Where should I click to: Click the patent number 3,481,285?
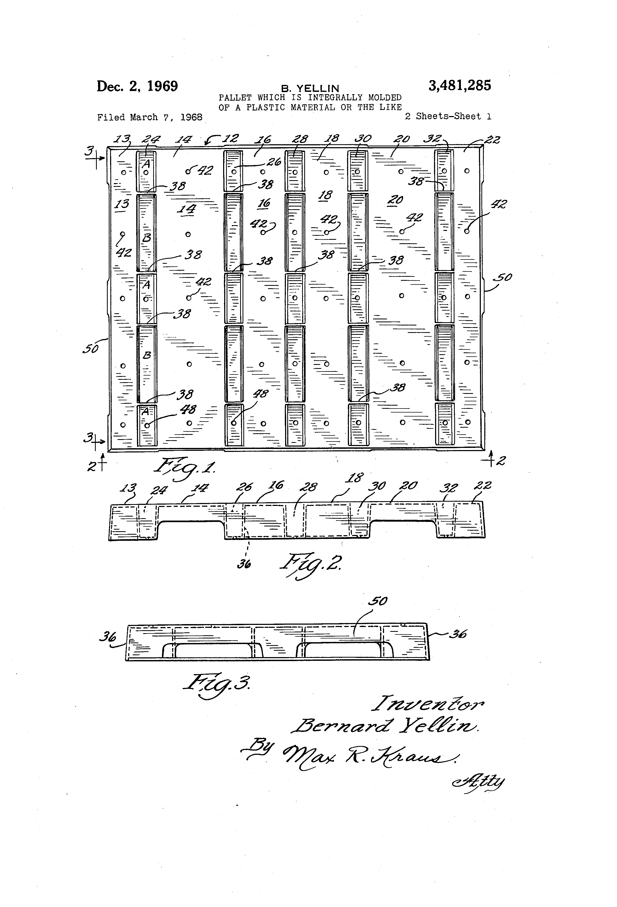460,85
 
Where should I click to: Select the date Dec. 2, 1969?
137,86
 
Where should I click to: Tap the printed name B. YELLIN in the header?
310,89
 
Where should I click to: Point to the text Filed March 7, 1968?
150,117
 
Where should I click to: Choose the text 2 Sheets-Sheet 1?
448,116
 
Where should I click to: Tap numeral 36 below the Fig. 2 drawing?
244,564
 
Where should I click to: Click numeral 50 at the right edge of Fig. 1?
503,278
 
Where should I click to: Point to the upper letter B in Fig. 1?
147,238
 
